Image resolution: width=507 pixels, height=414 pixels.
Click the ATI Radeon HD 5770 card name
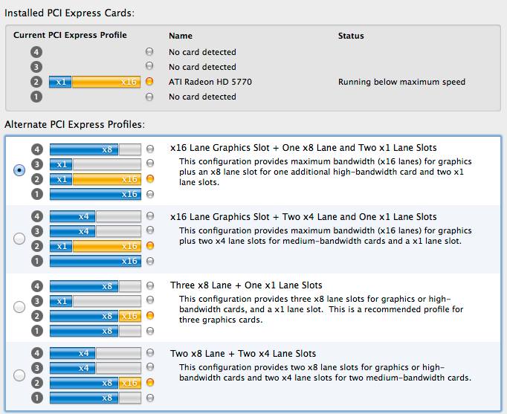point(210,82)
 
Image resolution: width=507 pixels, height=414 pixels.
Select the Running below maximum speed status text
point(401,82)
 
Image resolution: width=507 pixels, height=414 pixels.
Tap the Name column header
point(181,36)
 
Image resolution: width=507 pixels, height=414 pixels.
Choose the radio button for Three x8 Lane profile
point(19,306)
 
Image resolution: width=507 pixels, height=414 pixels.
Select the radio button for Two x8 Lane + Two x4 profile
point(19,375)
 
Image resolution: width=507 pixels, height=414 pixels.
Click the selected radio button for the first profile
point(19,169)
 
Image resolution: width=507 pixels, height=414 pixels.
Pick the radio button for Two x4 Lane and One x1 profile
point(19,238)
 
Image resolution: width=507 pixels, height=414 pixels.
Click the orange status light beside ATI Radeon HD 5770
point(149,82)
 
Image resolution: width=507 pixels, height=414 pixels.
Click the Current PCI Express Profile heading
point(71,35)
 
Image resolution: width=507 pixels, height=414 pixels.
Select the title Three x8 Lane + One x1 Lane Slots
point(246,285)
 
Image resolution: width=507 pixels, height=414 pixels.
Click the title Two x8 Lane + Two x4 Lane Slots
point(243,354)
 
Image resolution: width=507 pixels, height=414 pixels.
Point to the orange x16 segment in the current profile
point(105,82)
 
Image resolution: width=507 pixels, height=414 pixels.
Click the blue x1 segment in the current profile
point(60,82)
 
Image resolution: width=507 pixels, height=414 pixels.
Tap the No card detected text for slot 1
point(202,97)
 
